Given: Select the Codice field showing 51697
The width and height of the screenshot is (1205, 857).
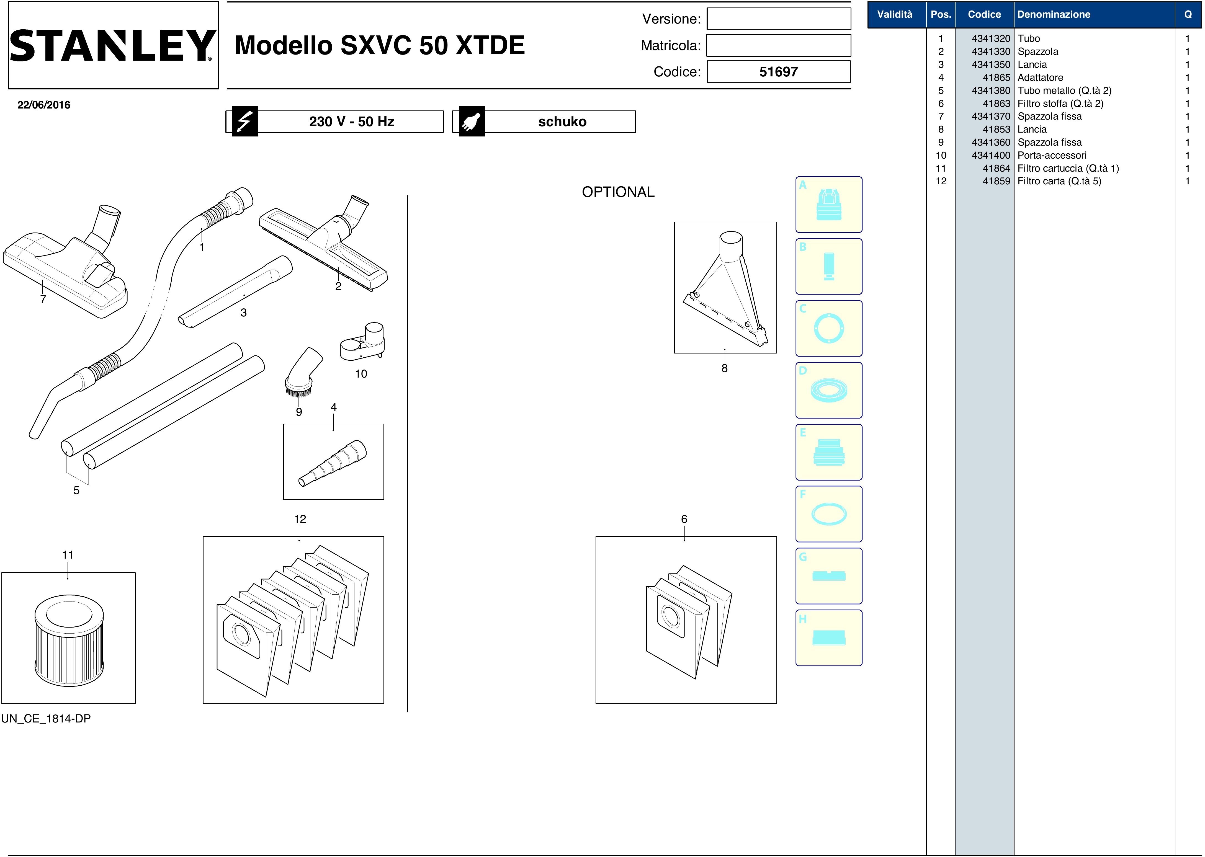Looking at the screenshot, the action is pyautogui.click(x=779, y=72).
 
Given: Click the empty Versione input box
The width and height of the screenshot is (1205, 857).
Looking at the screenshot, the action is pyautogui.click(x=779, y=19).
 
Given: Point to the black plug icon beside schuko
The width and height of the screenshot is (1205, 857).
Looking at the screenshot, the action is pyautogui.click(x=471, y=121).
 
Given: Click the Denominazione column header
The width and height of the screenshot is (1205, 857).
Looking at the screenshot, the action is pyautogui.click(x=1054, y=14).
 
